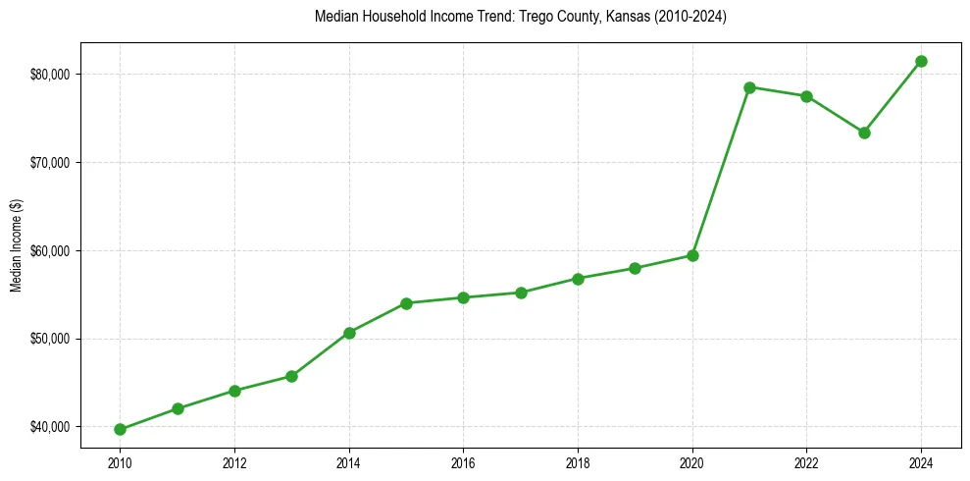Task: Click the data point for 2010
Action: tap(120, 429)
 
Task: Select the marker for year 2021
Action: tap(749, 87)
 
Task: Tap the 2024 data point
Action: tap(921, 61)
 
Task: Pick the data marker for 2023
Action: tap(864, 133)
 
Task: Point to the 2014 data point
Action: tap(349, 333)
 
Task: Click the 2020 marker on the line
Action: tap(692, 255)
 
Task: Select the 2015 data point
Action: tap(406, 303)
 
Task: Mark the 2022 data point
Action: tap(806, 96)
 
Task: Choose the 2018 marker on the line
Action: tap(578, 279)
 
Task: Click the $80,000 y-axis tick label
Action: tap(51, 75)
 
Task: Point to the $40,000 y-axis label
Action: tap(51, 427)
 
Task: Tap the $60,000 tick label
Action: tap(51, 250)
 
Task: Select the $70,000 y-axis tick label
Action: tap(51, 162)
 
